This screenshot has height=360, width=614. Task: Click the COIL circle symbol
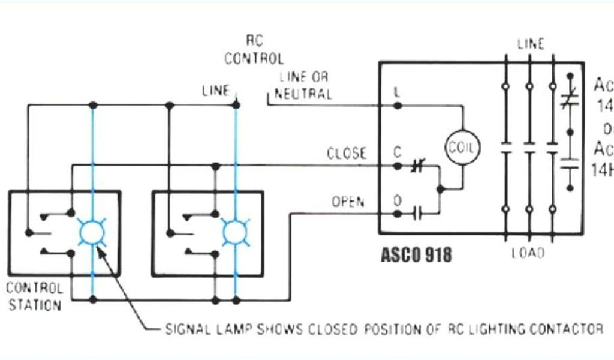click(462, 146)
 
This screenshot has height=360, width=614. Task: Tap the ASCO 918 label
click(416, 254)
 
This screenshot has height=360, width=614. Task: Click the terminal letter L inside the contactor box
click(397, 92)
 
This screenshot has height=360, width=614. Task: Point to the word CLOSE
click(346, 154)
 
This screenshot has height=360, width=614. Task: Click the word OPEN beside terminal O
click(348, 202)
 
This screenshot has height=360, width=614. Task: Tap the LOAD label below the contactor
click(528, 253)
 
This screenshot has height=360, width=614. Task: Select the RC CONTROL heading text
click(254, 50)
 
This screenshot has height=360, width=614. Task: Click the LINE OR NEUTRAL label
click(305, 85)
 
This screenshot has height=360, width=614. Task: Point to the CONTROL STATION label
click(34, 296)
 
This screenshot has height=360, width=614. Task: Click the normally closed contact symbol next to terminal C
click(417, 166)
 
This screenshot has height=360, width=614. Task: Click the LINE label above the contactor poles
click(531, 44)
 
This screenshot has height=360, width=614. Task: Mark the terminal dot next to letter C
click(397, 166)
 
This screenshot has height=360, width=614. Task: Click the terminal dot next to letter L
click(397, 105)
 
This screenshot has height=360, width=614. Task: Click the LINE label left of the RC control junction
click(216, 91)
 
